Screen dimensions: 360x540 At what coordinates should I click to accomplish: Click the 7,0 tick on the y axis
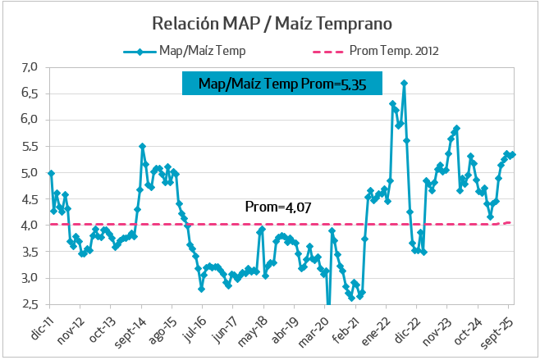click(30, 67)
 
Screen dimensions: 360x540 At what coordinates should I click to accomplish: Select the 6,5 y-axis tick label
click(30, 93)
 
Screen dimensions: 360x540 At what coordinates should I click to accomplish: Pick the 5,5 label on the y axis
click(30, 146)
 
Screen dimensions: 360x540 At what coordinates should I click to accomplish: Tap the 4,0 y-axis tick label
click(30, 226)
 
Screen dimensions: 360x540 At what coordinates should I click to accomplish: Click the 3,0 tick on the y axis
click(30, 278)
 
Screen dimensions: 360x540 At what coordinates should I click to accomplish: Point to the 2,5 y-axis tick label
click(30, 304)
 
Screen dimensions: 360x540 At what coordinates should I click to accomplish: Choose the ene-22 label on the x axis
click(373, 327)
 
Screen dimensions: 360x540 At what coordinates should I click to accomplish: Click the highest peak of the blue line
click(404, 83)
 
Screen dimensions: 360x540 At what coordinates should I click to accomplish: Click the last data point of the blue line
click(513, 154)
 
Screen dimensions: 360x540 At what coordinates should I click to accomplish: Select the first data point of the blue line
click(51, 173)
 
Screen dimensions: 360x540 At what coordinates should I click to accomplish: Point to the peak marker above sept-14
click(142, 146)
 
